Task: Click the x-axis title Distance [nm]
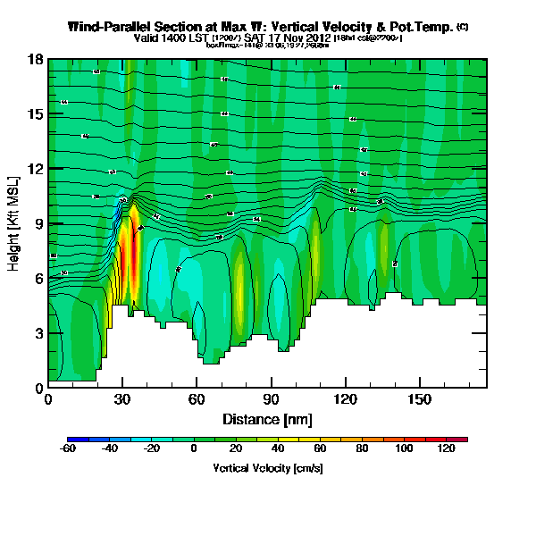pyautogui.click(x=267, y=419)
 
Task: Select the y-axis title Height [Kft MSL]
pyautogui.click(x=15, y=223)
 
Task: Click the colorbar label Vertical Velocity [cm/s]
pyautogui.click(x=268, y=467)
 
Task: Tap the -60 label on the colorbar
pyautogui.click(x=67, y=449)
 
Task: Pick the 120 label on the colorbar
pyautogui.click(x=447, y=449)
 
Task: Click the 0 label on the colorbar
pyautogui.click(x=194, y=449)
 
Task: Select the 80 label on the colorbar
pyautogui.click(x=362, y=449)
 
